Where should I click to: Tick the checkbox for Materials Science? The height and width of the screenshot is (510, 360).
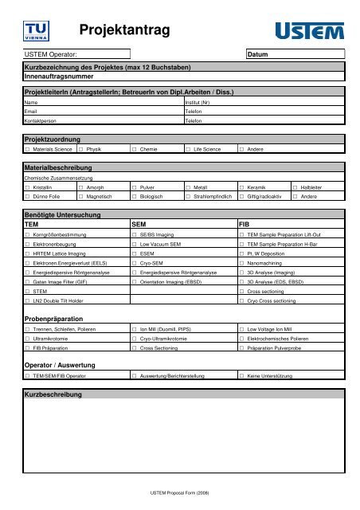coord(28,149)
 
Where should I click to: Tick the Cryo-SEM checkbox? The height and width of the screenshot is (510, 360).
coord(135,272)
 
